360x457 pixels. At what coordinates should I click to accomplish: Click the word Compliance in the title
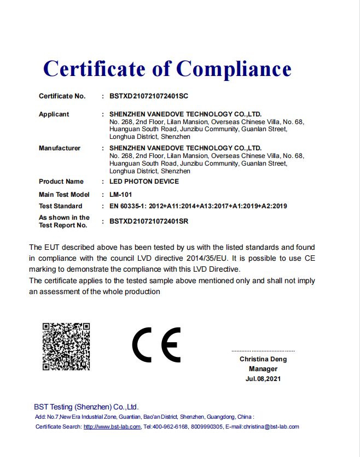pyautogui.click(x=234, y=69)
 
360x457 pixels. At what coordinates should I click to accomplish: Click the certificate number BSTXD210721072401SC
pyautogui.click(x=149, y=96)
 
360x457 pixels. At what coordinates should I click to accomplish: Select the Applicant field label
pyautogui.click(x=54, y=114)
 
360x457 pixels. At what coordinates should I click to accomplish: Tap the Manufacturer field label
pyautogui.click(x=60, y=148)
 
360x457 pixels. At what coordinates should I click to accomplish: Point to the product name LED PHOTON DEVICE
pyautogui.click(x=144, y=181)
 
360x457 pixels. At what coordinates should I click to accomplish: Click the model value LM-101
pyautogui.click(x=120, y=194)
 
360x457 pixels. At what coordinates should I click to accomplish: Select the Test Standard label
pyautogui.click(x=61, y=206)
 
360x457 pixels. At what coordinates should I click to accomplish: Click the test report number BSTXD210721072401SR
pyautogui.click(x=149, y=221)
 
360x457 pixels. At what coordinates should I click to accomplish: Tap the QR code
pyautogui.click(x=66, y=347)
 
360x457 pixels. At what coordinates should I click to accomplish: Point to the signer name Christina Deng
pyautogui.click(x=263, y=359)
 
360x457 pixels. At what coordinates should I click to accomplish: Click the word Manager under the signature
pyautogui.click(x=263, y=369)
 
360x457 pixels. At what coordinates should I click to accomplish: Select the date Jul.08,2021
pyautogui.click(x=263, y=379)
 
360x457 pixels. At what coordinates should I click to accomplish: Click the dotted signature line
pyautogui.click(x=263, y=350)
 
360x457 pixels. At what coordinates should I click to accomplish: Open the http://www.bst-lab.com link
pyautogui.click(x=112, y=426)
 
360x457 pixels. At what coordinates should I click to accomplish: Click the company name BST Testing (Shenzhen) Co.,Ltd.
pyautogui.click(x=86, y=407)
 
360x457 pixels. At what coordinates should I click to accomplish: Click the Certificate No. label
pyautogui.click(x=62, y=96)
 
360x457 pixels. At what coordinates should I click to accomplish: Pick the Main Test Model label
pyautogui.click(x=64, y=194)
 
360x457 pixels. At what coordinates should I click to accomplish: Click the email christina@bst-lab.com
pyautogui.click(x=272, y=426)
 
